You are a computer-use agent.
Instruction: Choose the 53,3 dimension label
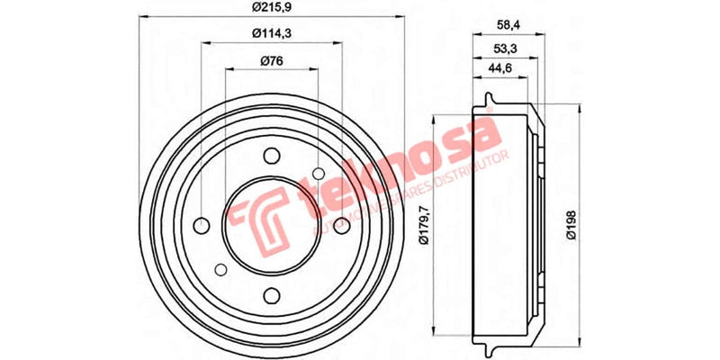pyautogui.click(x=504, y=47)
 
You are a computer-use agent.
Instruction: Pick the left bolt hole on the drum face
pyautogui.click(x=201, y=225)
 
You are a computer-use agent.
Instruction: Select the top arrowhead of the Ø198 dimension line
pyautogui.click(x=580, y=107)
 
